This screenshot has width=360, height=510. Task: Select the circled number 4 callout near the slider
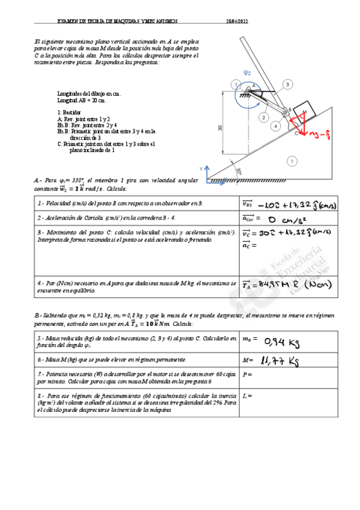(x=275, y=126)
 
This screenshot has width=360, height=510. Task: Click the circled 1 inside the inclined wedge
(x=291, y=161)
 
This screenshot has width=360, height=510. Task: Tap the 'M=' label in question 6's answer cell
(x=246, y=360)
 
